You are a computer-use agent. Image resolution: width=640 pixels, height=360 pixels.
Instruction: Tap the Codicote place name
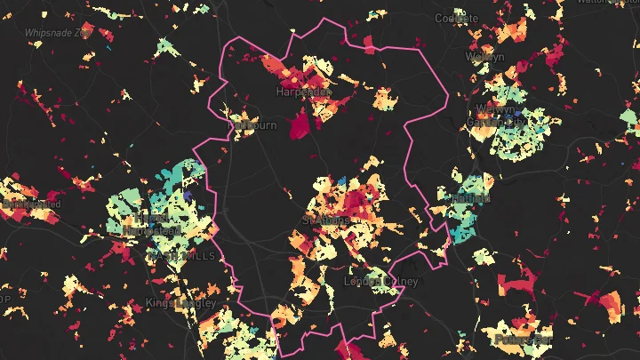tap(457, 18)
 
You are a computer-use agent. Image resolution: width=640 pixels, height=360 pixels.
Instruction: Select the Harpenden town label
tap(303, 91)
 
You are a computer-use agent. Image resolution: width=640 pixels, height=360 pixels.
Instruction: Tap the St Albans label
tap(321, 219)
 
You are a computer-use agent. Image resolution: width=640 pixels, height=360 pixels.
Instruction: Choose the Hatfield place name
tap(469, 197)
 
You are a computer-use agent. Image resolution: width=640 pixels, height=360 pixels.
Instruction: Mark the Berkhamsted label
tap(31, 204)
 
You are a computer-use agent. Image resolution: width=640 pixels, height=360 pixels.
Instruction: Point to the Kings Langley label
tap(180, 303)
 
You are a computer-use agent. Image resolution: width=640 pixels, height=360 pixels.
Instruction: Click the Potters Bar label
tap(520, 340)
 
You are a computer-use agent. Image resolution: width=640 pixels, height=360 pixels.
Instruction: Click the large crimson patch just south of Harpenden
tap(300, 123)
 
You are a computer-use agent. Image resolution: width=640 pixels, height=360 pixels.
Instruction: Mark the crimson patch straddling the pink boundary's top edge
tap(367, 44)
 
